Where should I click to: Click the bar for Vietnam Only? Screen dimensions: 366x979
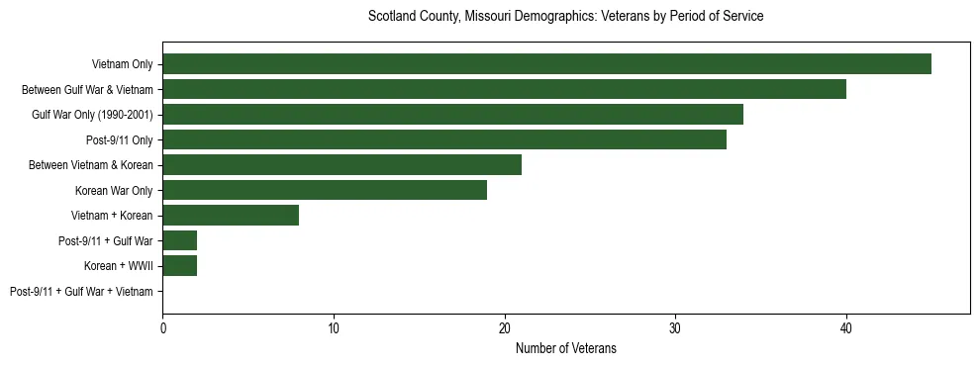click(x=546, y=64)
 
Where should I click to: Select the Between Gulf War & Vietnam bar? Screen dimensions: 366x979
click(x=504, y=89)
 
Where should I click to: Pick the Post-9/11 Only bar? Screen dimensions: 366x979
click(x=444, y=139)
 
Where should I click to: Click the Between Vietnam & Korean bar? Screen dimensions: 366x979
click(x=342, y=165)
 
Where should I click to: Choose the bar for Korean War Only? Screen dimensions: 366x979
click(x=325, y=190)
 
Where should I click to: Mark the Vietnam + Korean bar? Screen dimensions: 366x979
click(x=231, y=216)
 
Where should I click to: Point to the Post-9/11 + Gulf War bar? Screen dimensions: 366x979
click(x=179, y=240)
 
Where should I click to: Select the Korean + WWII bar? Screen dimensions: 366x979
click(x=179, y=266)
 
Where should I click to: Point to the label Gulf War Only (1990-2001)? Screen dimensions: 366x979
click(x=92, y=115)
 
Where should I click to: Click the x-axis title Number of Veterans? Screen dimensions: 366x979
click(x=565, y=348)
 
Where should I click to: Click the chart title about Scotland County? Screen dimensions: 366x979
click(x=565, y=17)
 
